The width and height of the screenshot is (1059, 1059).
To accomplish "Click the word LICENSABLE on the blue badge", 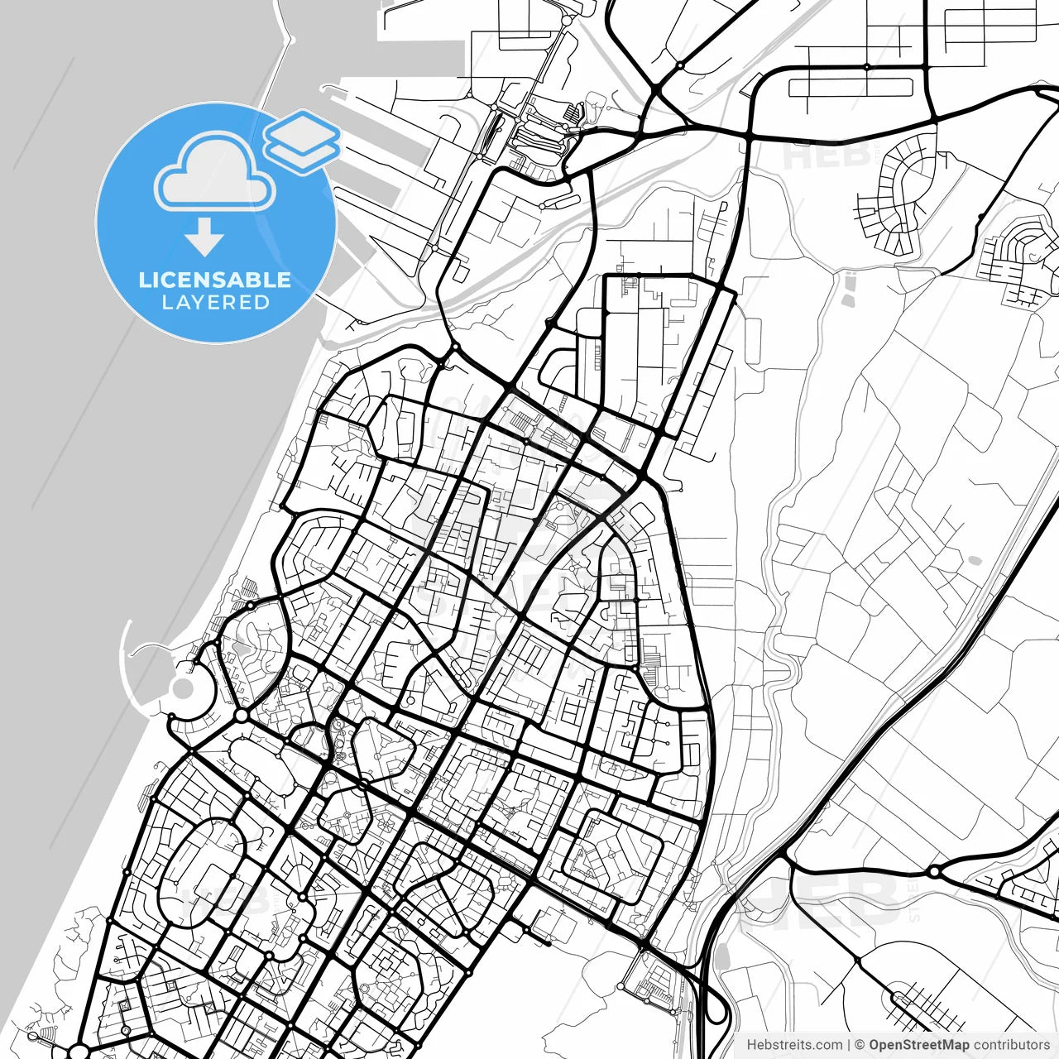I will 215,280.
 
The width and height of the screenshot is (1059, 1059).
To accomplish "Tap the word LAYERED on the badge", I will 215,303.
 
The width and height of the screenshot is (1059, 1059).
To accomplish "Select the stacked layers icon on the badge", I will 302,141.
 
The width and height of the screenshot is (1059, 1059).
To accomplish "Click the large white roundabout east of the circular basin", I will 242,715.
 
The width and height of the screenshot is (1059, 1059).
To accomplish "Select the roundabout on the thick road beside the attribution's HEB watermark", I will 934,872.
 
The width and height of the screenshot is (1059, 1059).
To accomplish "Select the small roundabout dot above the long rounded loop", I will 867,66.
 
